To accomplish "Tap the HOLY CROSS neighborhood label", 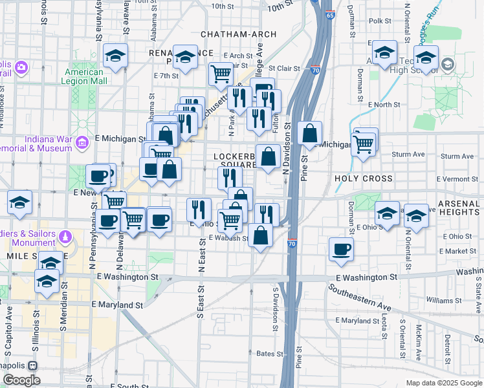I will point(364,178).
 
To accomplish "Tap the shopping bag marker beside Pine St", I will point(311,134).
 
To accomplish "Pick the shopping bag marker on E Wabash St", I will point(261,236).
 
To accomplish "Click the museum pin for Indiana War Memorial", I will point(82,142).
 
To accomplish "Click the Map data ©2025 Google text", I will point(443,383).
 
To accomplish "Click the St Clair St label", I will point(282,67).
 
